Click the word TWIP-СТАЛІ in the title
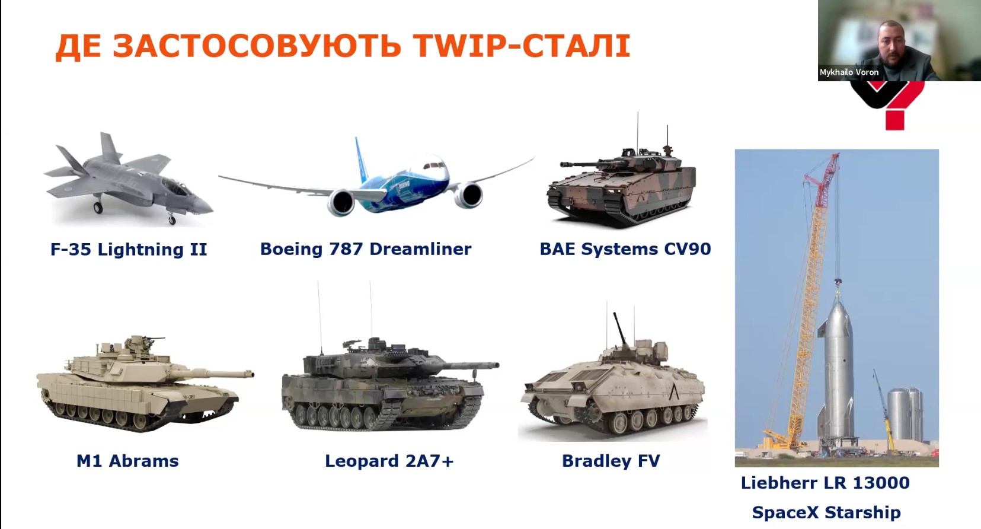522,46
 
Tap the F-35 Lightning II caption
129,250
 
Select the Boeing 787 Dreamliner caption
366,249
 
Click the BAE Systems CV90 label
625,249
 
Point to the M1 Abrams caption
127,461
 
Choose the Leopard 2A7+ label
389,461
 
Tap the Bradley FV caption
611,461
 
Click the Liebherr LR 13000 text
825,483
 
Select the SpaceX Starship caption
826,512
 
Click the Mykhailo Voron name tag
849,72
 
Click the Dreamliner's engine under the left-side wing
341,202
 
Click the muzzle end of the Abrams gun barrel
251,374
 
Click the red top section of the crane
823,173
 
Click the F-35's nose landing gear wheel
172,221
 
